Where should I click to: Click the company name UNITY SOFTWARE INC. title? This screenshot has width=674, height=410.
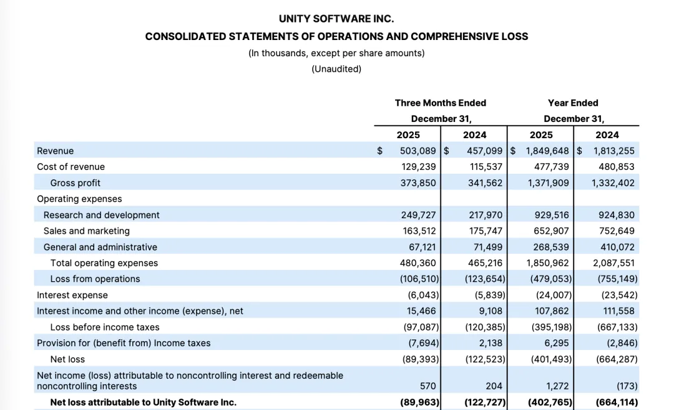click(336, 19)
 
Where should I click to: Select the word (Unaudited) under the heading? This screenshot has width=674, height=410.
click(336, 69)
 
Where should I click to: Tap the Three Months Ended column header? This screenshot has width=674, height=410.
click(440, 103)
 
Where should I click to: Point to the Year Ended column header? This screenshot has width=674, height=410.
click(573, 103)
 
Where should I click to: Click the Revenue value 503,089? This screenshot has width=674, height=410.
click(418, 151)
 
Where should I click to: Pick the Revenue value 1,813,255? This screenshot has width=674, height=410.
click(613, 151)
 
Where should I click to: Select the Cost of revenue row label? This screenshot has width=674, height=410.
click(71, 167)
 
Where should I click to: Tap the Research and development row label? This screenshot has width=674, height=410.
click(102, 215)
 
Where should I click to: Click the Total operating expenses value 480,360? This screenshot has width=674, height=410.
click(418, 263)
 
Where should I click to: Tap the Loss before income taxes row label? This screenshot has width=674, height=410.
click(105, 327)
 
